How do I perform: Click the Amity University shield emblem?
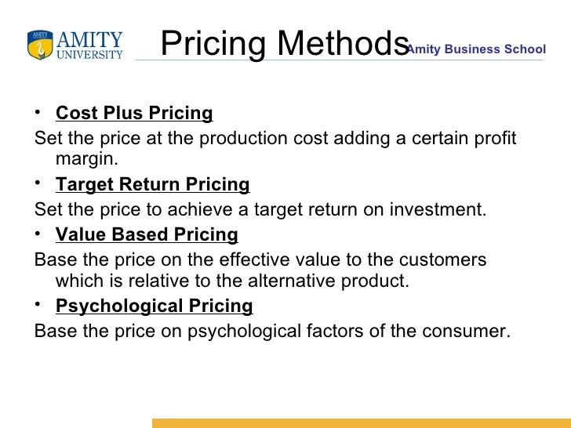point(40,45)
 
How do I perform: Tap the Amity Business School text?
point(475,49)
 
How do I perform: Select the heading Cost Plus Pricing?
point(134,114)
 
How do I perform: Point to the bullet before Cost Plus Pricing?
point(39,112)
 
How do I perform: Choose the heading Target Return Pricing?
point(153,185)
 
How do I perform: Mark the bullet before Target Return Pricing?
point(39,183)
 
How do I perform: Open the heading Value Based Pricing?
point(147,234)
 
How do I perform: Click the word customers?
point(450,259)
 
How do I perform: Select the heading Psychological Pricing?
point(155,306)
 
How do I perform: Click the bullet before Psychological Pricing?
point(39,304)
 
